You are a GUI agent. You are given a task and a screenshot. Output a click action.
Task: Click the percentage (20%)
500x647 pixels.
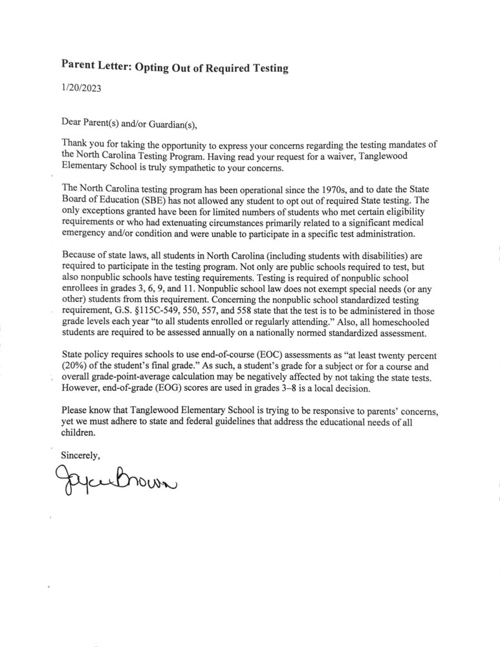pyautogui.click(x=76, y=368)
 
